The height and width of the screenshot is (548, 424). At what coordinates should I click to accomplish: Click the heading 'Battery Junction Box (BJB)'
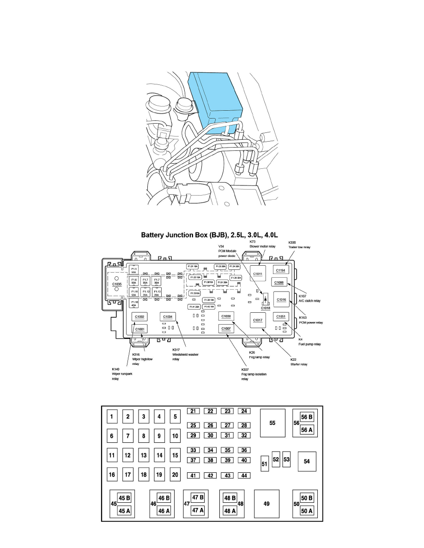pos(212,236)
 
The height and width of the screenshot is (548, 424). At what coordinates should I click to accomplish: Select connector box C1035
pos(116,285)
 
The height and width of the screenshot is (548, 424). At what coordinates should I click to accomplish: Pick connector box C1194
pos(281,270)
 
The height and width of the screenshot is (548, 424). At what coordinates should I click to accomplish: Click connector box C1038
pos(226,316)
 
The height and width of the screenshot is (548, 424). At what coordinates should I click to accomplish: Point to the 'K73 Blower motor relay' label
pos(262,244)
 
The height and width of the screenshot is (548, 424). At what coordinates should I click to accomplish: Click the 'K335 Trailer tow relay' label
pos(299,244)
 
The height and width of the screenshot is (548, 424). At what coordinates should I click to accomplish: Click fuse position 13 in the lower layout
pos(144,456)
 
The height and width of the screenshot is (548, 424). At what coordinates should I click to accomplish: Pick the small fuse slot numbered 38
pos(210,460)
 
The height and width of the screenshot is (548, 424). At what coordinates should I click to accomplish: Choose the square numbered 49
pos(267,504)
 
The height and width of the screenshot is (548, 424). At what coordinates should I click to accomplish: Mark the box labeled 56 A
pos(307,429)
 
